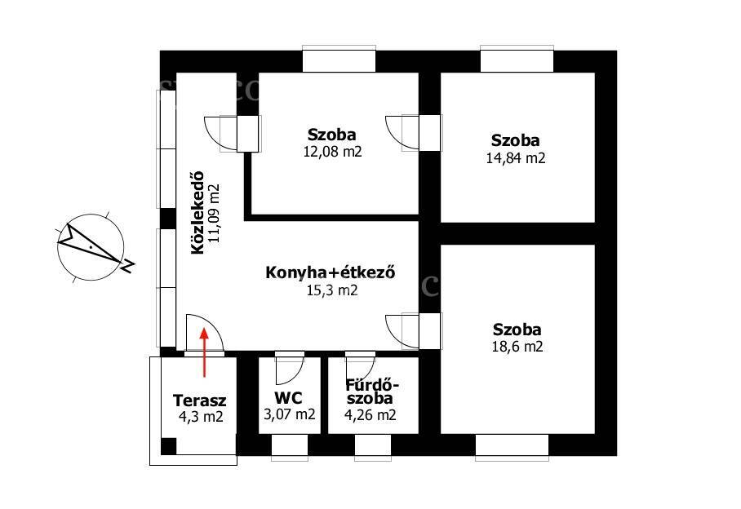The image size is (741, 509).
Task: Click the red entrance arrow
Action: click(204, 352)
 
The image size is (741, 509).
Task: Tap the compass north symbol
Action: click(91, 247)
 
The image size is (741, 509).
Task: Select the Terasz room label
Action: click(199, 401)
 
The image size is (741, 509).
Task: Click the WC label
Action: click(288, 398)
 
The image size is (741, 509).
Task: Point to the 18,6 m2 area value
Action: click(517, 347)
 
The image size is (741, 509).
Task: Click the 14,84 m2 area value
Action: click(516, 157)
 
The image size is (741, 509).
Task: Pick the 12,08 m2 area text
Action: click(332, 152)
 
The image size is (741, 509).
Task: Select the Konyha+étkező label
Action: click(331, 273)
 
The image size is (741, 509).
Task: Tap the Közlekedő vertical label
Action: click(198, 212)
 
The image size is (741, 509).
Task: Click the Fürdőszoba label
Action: click(372, 392)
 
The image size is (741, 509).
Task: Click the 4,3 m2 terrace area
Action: click(201, 417)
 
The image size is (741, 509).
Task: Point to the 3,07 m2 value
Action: click(289, 414)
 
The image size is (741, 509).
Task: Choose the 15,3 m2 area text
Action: click(332, 290)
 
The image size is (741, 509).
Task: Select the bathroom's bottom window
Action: click(373, 447)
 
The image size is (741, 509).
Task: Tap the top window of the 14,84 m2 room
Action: click(517, 60)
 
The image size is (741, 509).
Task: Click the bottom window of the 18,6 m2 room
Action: click(512, 446)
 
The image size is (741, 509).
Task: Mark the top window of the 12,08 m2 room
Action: click(339, 60)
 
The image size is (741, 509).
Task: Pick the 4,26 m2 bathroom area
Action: click(371, 414)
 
